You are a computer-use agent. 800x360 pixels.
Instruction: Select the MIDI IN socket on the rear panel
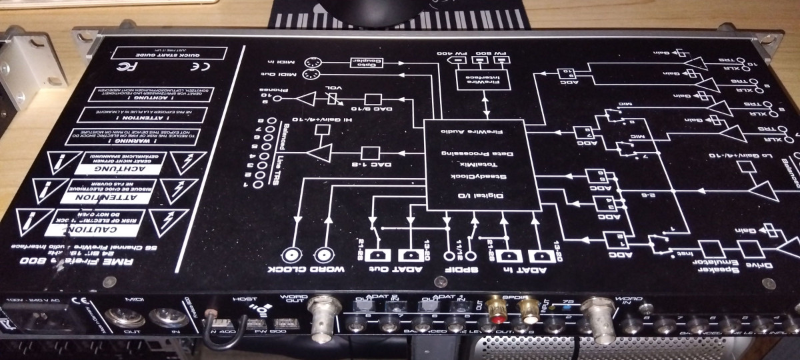click(163, 319)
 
